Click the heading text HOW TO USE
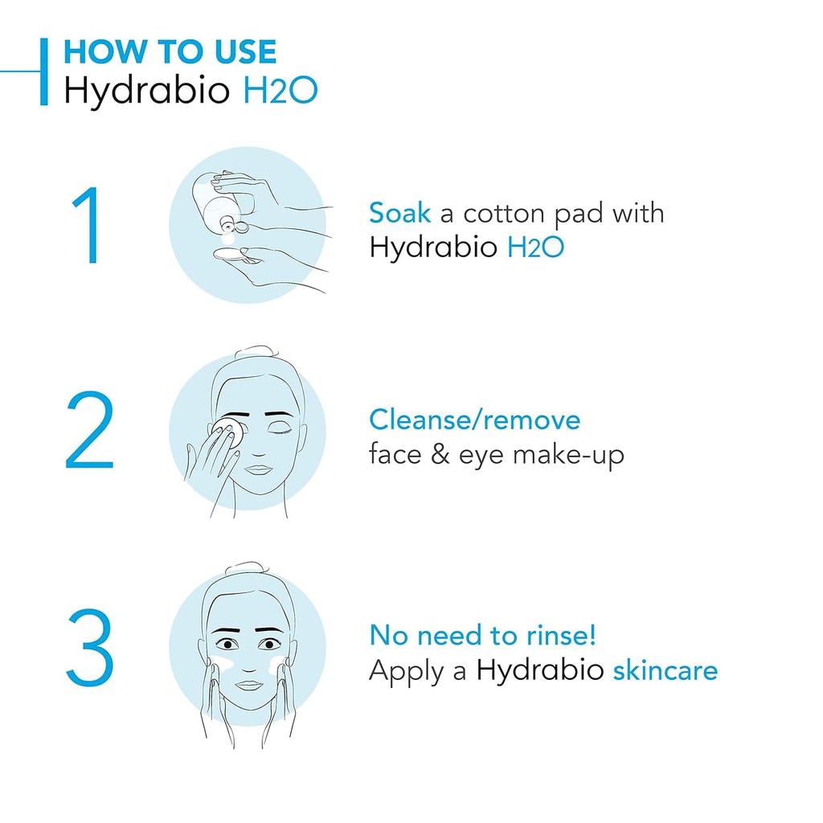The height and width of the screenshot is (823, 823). tap(170, 52)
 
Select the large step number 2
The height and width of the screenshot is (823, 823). tap(89, 431)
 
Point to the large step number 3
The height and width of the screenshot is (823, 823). tap(89, 647)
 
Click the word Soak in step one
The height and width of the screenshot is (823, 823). tap(399, 213)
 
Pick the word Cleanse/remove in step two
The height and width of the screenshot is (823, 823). tap(474, 420)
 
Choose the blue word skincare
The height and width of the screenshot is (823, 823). tap(665, 669)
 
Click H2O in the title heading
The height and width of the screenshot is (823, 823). tap(280, 91)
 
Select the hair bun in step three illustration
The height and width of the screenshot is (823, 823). tap(249, 570)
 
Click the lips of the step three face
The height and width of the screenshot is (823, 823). tap(249, 685)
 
